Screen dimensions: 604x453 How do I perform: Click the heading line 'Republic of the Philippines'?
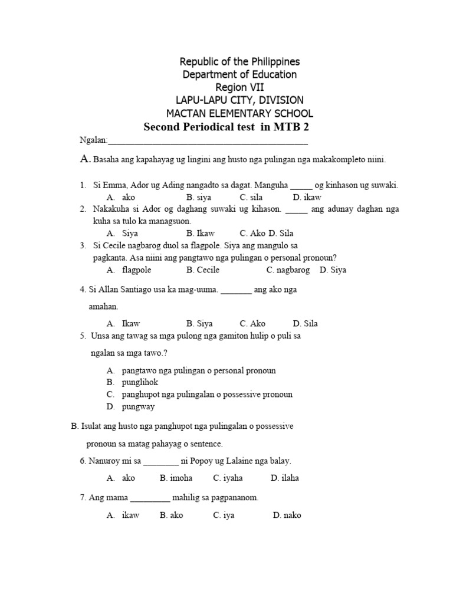[239, 62]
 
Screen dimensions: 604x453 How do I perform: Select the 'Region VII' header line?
[239, 87]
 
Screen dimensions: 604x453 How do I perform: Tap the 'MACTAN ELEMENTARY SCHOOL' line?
[239, 113]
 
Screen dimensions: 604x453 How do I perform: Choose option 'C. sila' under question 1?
[251, 197]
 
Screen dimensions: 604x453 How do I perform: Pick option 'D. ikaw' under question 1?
[307, 197]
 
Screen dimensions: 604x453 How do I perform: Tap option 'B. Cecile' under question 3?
[203, 270]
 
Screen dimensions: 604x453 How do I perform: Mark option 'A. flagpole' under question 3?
[129, 270]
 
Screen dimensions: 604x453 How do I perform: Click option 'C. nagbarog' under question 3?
[288, 270]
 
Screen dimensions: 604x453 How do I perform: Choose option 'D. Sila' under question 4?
[305, 323]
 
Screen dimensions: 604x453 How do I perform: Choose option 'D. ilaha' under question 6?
[285, 478]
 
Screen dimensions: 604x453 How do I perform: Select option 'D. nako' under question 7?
[287, 515]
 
